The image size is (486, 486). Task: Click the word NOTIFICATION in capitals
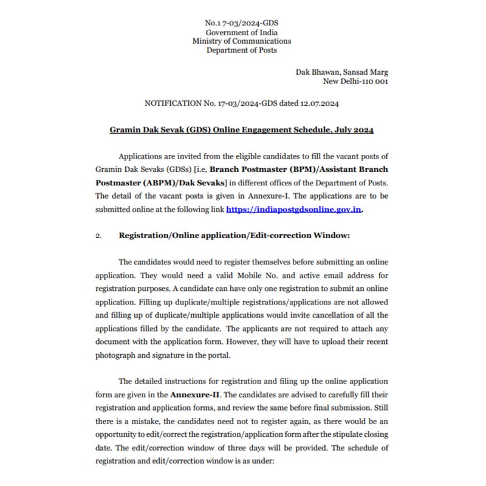(x=174, y=104)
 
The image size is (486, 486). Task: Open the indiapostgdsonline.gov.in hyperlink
(x=295, y=209)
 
